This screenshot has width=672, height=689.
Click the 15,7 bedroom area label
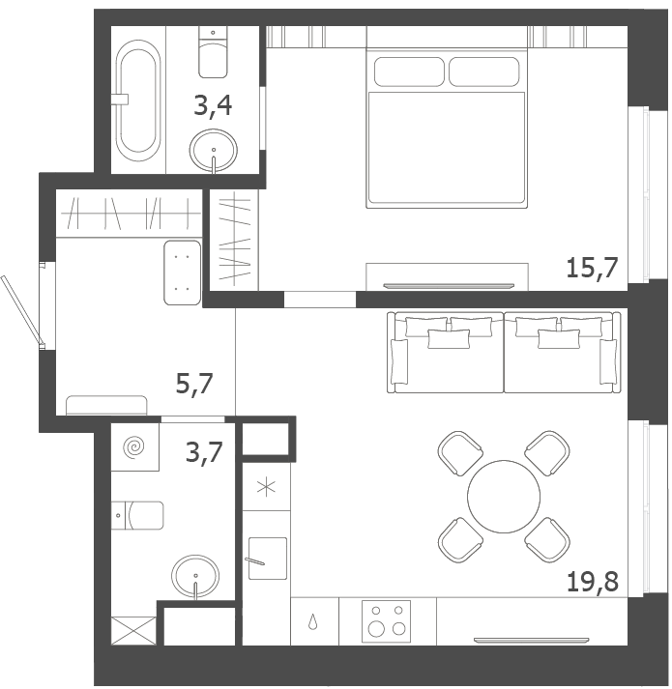[592, 268]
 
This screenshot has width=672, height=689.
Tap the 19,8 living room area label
[593, 582]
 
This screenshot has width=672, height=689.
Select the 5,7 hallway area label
[194, 384]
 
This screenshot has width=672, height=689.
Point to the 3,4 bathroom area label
[213, 106]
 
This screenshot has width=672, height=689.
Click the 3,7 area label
[204, 452]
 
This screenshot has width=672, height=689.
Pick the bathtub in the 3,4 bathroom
[137, 101]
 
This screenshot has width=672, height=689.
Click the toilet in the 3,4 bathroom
[213, 52]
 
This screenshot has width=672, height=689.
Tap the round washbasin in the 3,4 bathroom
[214, 151]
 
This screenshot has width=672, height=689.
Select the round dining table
[504, 497]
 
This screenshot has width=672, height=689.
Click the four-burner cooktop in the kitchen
[386, 621]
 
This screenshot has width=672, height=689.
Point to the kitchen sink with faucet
[268, 558]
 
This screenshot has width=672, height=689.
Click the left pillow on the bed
[409, 72]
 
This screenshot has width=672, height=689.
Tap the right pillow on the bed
[483, 72]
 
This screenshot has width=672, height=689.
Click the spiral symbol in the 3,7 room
[134, 447]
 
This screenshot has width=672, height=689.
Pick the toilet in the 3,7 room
[137, 515]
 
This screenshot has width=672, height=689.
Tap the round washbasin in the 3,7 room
[195, 577]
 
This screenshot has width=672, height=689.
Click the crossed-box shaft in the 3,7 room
[133, 631]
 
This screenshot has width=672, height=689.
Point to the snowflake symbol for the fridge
[266, 487]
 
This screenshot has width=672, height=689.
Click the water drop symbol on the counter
[312, 621]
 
